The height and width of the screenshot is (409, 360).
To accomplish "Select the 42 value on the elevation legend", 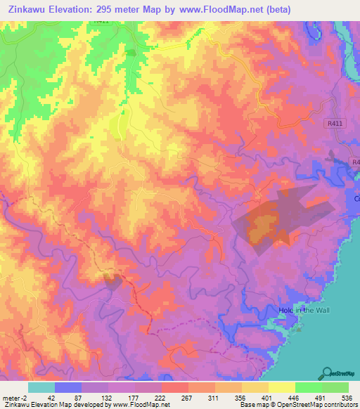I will [51, 396].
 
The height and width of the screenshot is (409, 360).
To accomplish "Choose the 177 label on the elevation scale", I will [131, 396].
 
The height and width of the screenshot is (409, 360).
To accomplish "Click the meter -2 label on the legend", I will [13, 396].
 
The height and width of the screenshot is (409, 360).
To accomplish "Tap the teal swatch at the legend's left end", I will [41, 387].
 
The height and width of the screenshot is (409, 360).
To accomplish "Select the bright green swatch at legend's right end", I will [335, 387].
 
